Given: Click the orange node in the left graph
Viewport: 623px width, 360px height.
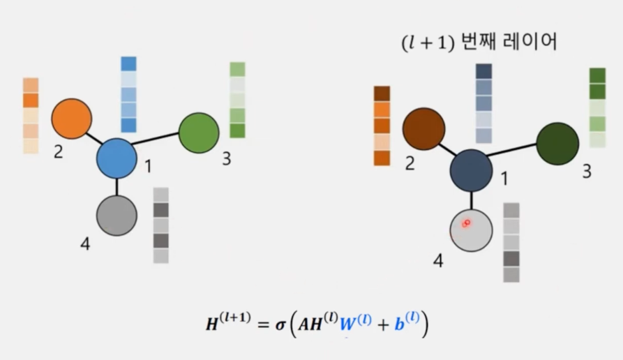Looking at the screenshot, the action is coord(72,119).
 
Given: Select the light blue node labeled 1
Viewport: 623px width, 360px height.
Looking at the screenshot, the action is coord(117,158).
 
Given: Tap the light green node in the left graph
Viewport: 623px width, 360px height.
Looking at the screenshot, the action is coord(199,133).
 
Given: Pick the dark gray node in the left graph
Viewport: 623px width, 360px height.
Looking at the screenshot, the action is coord(116,214).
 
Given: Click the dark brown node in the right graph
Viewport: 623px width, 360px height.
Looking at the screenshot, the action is coord(423,129).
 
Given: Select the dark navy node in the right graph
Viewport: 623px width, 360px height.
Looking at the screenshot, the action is coord(471,170).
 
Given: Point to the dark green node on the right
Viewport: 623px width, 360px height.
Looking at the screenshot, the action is coord(557,143).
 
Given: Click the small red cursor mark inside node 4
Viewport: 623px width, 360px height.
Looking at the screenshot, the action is coord(466,223).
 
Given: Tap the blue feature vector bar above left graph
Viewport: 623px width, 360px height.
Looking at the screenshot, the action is coord(128,94).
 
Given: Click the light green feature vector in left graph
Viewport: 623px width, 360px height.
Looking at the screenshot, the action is coord(237,100).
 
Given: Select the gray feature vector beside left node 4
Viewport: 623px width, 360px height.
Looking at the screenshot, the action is coord(161,225).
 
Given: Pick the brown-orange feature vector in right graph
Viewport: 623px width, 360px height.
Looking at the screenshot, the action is coord(382,126).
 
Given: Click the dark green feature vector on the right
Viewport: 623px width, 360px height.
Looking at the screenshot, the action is coord(597,107).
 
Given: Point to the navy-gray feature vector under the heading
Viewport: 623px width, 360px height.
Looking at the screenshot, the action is coord(484,103).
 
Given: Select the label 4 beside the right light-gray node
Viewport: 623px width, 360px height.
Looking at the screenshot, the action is coord(438,261).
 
